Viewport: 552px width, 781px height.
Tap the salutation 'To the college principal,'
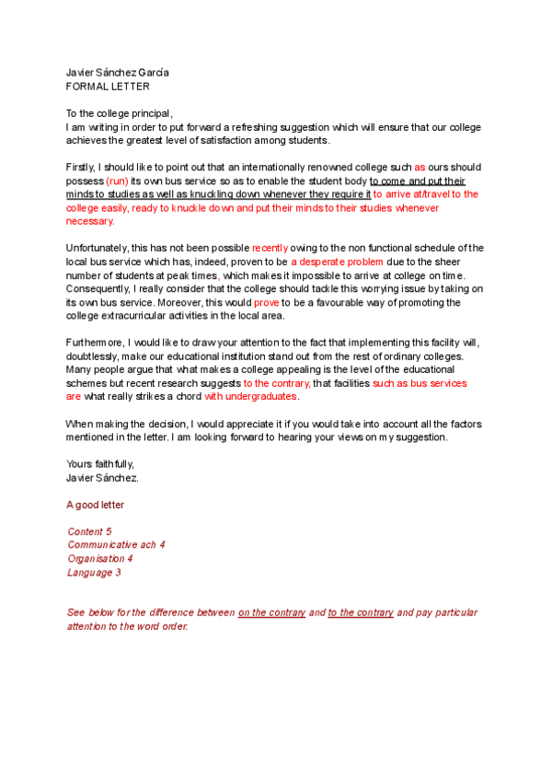point(120,113)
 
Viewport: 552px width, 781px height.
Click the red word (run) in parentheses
point(117,181)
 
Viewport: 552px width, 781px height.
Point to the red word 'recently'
point(270,248)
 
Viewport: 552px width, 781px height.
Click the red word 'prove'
point(266,302)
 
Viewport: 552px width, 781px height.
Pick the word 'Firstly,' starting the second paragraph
point(82,168)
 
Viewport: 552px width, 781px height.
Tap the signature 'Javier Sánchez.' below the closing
point(102,478)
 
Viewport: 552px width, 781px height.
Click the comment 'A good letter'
point(96,505)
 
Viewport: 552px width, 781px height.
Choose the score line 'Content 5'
point(89,532)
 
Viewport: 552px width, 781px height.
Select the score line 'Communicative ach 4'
point(116,545)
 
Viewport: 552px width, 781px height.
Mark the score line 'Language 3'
point(94,572)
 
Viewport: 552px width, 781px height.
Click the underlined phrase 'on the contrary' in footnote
point(271,612)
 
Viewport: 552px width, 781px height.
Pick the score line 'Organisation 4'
point(100,559)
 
